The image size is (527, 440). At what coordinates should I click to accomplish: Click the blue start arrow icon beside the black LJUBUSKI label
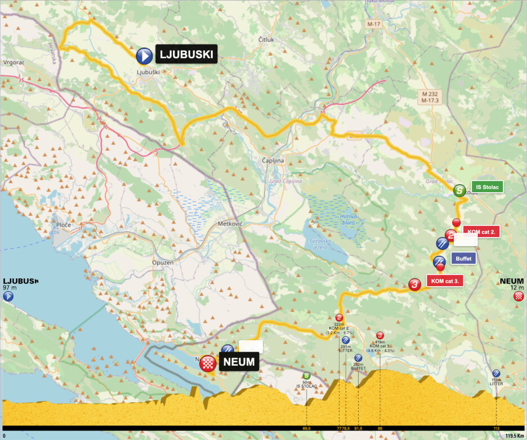click(x=144, y=55)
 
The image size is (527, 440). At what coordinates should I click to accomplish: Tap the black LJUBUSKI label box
click(x=186, y=55)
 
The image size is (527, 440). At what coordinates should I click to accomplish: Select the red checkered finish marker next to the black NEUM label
click(x=208, y=363)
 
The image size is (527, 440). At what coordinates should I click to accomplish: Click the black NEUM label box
click(x=239, y=362)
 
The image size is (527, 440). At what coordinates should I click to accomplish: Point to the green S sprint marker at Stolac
click(x=459, y=190)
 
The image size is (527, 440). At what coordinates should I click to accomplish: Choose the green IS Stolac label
click(x=487, y=187)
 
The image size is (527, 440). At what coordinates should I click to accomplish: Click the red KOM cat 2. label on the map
click(x=481, y=232)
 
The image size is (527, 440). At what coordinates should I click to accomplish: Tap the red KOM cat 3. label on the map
click(x=445, y=281)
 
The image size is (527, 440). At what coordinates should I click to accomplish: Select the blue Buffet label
click(x=463, y=259)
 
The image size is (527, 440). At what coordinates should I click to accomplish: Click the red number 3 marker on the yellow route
click(x=414, y=285)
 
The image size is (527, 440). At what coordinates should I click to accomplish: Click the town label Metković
click(x=229, y=224)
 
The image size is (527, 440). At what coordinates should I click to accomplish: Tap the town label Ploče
click(x=64, y=225)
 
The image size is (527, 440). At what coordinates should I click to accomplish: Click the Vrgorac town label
click(x=12, y=63)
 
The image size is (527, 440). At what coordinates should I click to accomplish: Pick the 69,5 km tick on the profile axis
click(x=306, y=429)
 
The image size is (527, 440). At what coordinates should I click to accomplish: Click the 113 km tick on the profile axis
click(x=496, y=429)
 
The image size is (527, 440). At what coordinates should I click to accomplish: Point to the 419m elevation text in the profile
click(x=379, y=341)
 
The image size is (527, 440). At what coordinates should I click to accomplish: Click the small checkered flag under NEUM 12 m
click(x=519, y=296)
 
